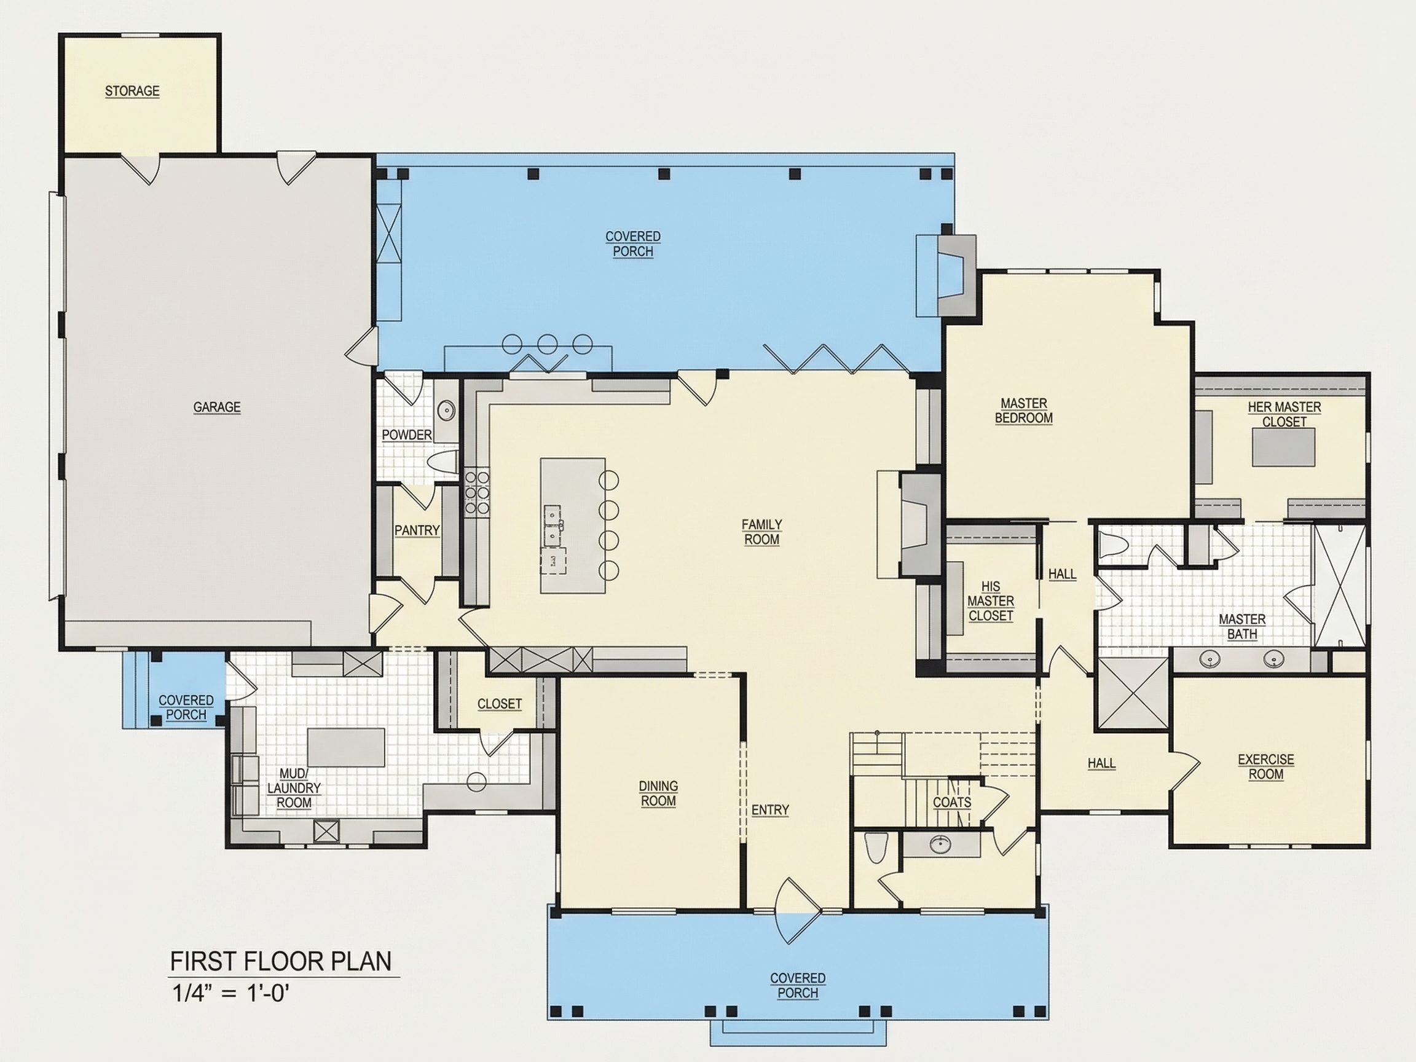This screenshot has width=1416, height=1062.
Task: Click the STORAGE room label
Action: point(132,91)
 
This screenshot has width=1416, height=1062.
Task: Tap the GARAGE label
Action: point(217,407)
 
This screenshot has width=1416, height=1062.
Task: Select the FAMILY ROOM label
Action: point(761,532)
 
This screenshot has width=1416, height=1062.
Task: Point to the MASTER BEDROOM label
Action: point(1024,411)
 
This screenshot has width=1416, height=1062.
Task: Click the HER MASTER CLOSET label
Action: point(1284,415)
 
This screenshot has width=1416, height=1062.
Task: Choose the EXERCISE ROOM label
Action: point(1265,767)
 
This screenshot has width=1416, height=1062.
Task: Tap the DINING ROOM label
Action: point(658,793)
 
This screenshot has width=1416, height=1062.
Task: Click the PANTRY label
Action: point(417,530)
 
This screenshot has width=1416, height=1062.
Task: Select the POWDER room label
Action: point(406,435)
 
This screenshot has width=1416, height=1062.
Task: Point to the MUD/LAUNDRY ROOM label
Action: point(294,788)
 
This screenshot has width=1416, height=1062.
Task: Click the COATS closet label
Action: point(952,802)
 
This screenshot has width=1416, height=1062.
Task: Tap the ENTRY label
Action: point(770,810)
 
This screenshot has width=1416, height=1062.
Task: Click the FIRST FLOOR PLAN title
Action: point(280,961)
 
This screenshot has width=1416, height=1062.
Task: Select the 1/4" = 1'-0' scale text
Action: point(230,994)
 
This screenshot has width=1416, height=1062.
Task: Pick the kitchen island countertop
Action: point(572,525)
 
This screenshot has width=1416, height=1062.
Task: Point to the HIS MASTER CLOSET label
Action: point(990,601)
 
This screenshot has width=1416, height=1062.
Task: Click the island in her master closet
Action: point(1283,447)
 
